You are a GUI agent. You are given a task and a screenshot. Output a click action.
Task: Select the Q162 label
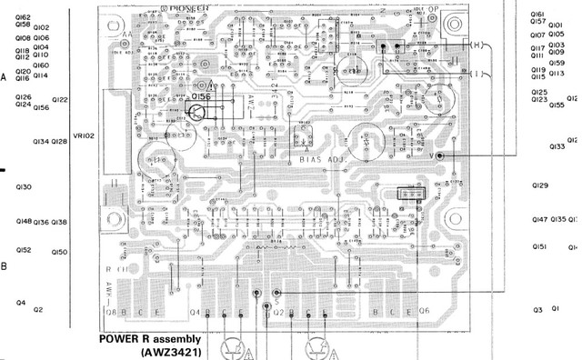23,17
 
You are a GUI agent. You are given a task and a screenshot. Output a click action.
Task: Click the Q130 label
24,187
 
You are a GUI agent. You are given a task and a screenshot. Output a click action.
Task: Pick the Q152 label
24,250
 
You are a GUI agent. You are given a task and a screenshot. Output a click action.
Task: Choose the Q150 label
60,252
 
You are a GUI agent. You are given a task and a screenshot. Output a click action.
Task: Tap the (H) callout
478,44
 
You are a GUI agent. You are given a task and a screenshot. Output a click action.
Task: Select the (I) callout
478,75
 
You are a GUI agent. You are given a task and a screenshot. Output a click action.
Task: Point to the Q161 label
537,14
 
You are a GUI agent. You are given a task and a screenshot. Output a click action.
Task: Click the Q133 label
557,146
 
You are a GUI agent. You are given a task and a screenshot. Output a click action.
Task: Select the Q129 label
540,185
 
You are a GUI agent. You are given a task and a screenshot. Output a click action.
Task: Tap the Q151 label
540,246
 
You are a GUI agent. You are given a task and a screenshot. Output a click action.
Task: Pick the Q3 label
537,310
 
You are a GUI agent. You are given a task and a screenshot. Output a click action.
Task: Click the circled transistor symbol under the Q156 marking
197,113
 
